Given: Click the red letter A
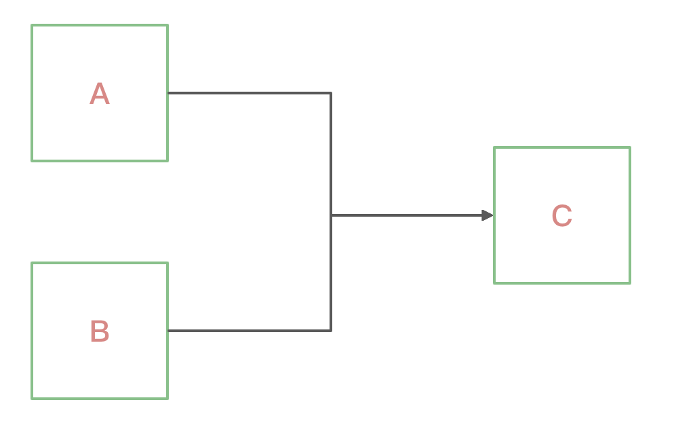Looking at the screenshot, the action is (99, 94).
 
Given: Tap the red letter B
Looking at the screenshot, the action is (99, 331).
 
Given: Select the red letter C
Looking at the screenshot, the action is (561, 216).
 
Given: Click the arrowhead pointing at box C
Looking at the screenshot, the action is (488, 215).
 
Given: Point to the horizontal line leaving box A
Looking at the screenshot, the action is (249, 92).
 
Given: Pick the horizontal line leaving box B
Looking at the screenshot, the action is (249, 331).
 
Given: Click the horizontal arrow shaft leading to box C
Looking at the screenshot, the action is (407, 215).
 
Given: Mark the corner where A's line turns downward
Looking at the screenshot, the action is (331, 92).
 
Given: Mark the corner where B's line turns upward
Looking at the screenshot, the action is (331, 331).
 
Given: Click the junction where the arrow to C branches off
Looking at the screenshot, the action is (331, 215).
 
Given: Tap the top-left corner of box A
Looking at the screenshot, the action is (32, 25).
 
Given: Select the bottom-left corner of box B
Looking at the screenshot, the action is (32, 398).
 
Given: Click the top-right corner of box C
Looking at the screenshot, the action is (630, 147).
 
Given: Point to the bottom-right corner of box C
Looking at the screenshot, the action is (630, 283).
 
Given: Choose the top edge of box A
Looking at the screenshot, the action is (100, 25).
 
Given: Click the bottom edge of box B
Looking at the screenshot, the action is (100, 398).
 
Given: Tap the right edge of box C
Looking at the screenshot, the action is (630, 215).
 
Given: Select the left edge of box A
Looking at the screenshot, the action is (32, 93).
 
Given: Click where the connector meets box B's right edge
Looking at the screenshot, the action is (167, 331).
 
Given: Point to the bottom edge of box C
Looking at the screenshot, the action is (562, 283).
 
